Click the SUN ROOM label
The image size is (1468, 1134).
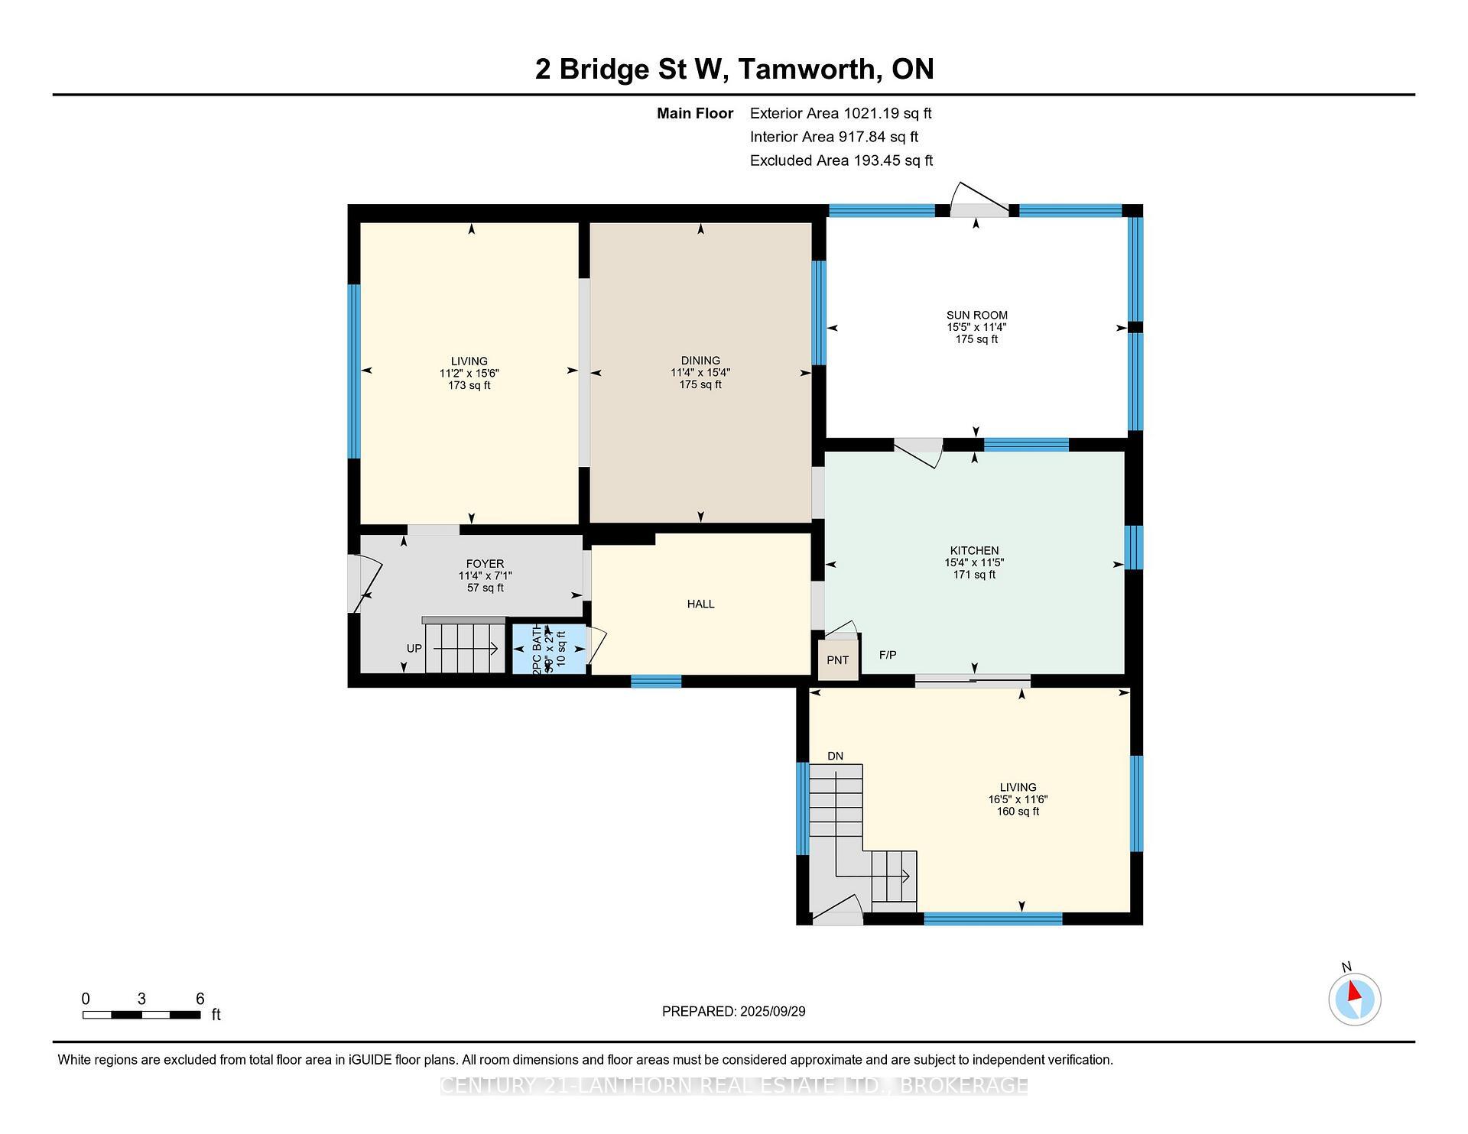pyautogui.click(x=976, y=315)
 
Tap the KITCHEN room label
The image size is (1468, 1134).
pyautogui.click(x=974, y=550)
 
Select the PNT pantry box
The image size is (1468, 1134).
pyautogui.click(x=838, y=659)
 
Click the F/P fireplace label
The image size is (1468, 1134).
pyautogui.click(x=888, y=655)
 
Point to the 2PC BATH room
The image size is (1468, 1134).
pyautogui.click(x=549, y=649)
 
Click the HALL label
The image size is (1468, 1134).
pyautogui.click(x=700, y=604)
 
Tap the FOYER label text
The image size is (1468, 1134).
pyautogui.click(x=485, y=564)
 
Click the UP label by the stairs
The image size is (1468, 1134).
pyautogui.click(x=414, y=648)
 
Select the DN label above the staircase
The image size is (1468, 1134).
pyautogui.click(x=835, y=756)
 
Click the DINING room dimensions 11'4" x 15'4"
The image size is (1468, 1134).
pyautogui.click(x=700, y=373)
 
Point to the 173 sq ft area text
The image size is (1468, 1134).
pyautogui.click(x=469, y=385)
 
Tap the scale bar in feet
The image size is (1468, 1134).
pyautogui.click(x=141, y=1015)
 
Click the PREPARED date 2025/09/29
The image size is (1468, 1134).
pyautogui.click(x=733, y=1011)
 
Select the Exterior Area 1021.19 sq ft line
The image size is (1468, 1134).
pyautogui.click(x=840, y=113)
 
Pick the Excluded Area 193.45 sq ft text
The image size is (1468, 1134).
pyautogui.click(x=841, y=160)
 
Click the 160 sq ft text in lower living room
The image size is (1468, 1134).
pyautogui.click(x=1018, y=812)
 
